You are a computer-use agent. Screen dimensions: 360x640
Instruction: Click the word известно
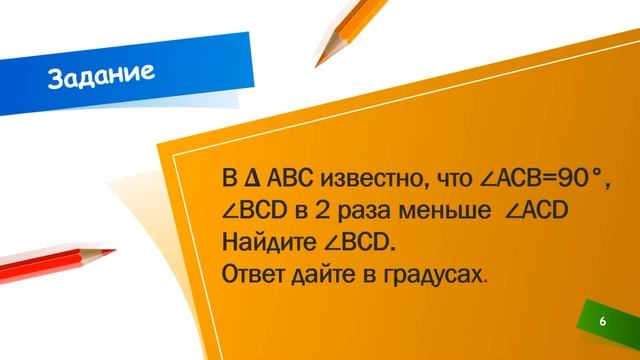point(362,179)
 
